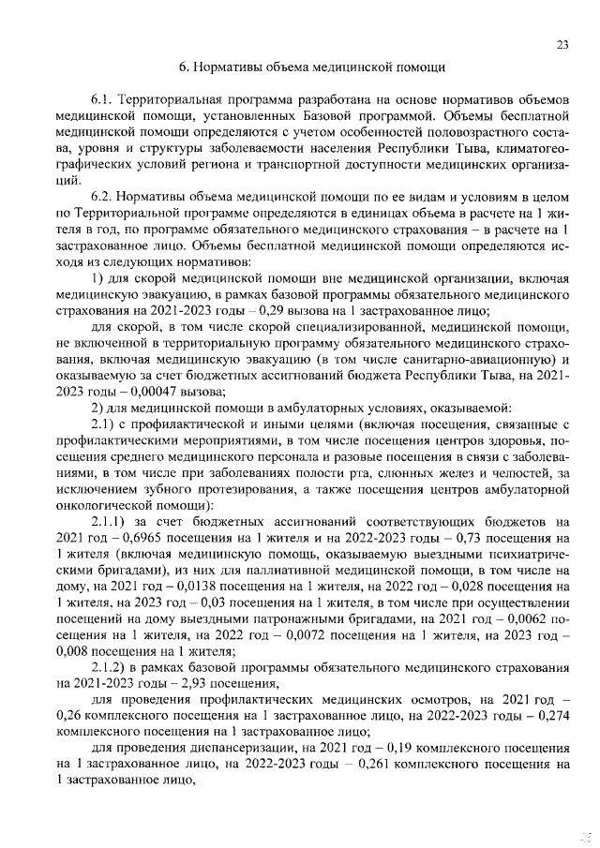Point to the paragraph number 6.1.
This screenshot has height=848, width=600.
103,98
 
